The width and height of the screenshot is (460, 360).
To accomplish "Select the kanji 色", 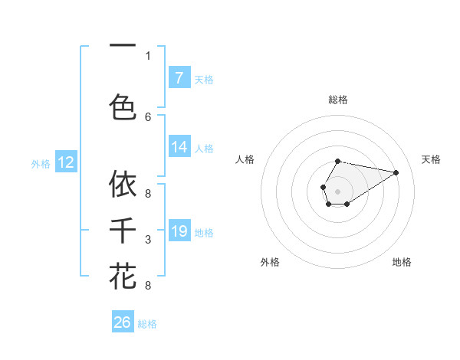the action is pyautogui.click(x=123, y=106).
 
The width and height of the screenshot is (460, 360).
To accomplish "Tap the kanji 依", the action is pyautogui.click(x=123, y=184).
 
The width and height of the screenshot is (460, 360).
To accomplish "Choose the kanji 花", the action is pyautogui.click(x=123, y=275).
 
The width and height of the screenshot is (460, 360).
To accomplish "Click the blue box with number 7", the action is pyautogui.click(x=179, y=77).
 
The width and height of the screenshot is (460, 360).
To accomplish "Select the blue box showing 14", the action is pyautogui.click(x=179, y=147).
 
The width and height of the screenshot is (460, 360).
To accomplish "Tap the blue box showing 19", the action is pyautogui.click(x=179, y=231).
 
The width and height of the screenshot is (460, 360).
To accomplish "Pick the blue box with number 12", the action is pyautogui.click(x=66, y=162).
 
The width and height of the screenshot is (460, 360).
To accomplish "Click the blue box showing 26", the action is pyautogui.click(x=123, y=322).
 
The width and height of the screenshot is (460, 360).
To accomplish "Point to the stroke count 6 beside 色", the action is pyautogui.click(x=148, y=116).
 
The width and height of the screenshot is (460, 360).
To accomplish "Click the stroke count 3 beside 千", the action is pyautogui.click(x=148, y=241).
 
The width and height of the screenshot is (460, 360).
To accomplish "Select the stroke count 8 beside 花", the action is pyautogui.click(x=148, y=286).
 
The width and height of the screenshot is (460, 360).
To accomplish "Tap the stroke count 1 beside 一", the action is pyautogui.click(x=148, y=55).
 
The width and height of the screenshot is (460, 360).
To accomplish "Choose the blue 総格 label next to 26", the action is pyautogui.click(x=147, y=324).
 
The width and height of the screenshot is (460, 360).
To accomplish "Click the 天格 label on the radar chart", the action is pyautogui.click(x=432, y=159).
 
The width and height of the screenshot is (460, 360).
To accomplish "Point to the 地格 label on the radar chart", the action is pyautogui.click(x=402, y=262).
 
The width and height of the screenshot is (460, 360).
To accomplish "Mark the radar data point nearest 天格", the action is pyautogui.click(x=396, y=172).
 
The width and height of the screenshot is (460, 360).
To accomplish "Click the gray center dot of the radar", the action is pyautogui.click(x=337, y=190).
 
